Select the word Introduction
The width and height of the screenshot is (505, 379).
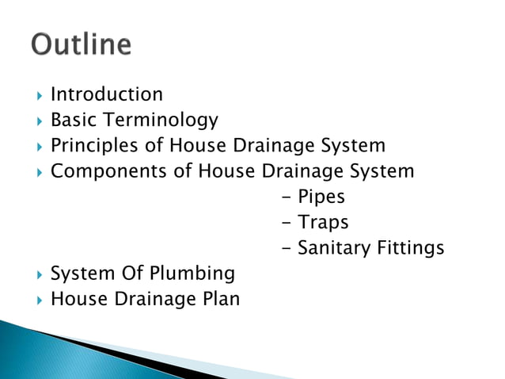107,94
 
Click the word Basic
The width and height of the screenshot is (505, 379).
70,121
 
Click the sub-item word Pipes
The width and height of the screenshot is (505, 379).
321,197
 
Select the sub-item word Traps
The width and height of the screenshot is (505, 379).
323,223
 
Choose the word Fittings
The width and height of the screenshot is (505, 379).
410,248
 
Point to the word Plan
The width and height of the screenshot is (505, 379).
218,299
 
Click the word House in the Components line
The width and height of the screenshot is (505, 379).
226,171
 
